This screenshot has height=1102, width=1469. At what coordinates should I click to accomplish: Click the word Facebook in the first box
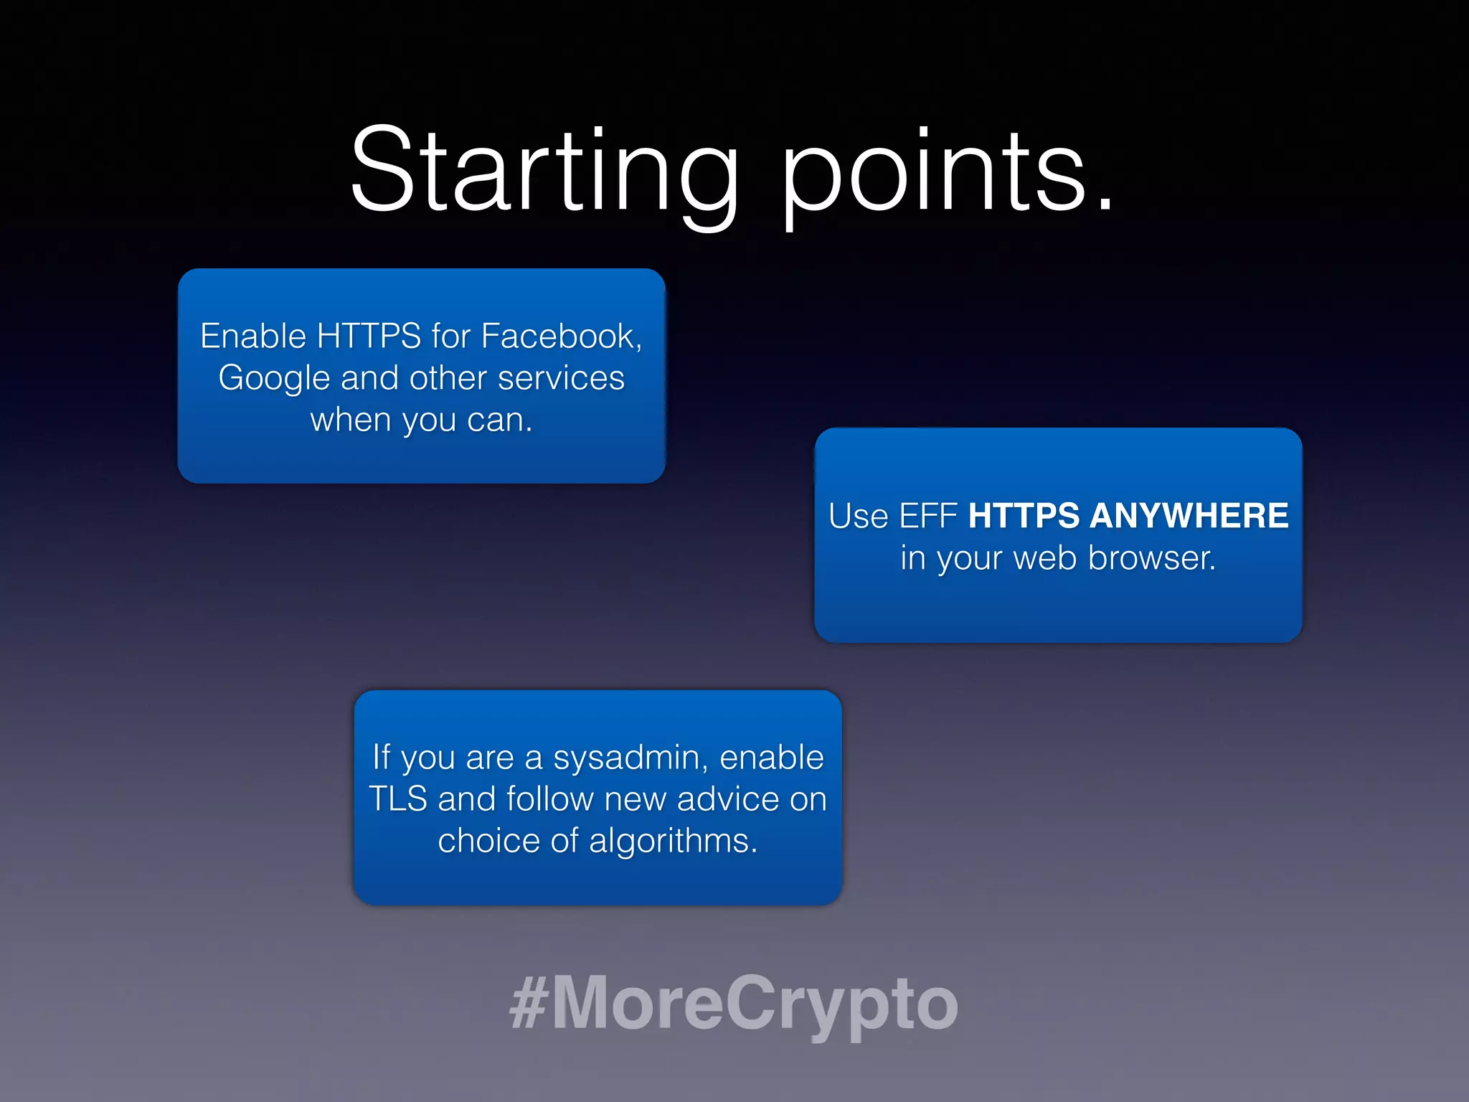(559, 336)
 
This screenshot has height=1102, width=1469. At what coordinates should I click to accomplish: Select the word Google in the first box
(273, 379)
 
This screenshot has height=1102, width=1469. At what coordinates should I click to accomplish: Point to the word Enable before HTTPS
(253, 336)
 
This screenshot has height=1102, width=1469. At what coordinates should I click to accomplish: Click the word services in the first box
(561, 378)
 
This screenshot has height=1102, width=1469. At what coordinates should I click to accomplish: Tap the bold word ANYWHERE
(1189, 515)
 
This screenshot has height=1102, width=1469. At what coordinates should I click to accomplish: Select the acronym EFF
(928, 515)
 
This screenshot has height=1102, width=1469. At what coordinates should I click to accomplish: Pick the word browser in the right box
(1151, 558)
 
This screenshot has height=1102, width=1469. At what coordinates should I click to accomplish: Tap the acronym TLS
(398, 799)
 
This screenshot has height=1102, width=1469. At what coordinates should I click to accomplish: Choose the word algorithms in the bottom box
(673, 842)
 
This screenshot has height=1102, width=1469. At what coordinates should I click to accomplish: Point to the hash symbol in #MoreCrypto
(529, 1003)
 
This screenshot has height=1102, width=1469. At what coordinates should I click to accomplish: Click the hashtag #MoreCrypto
(734, 1003)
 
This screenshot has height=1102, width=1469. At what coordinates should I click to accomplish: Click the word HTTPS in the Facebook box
(369, 336)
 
